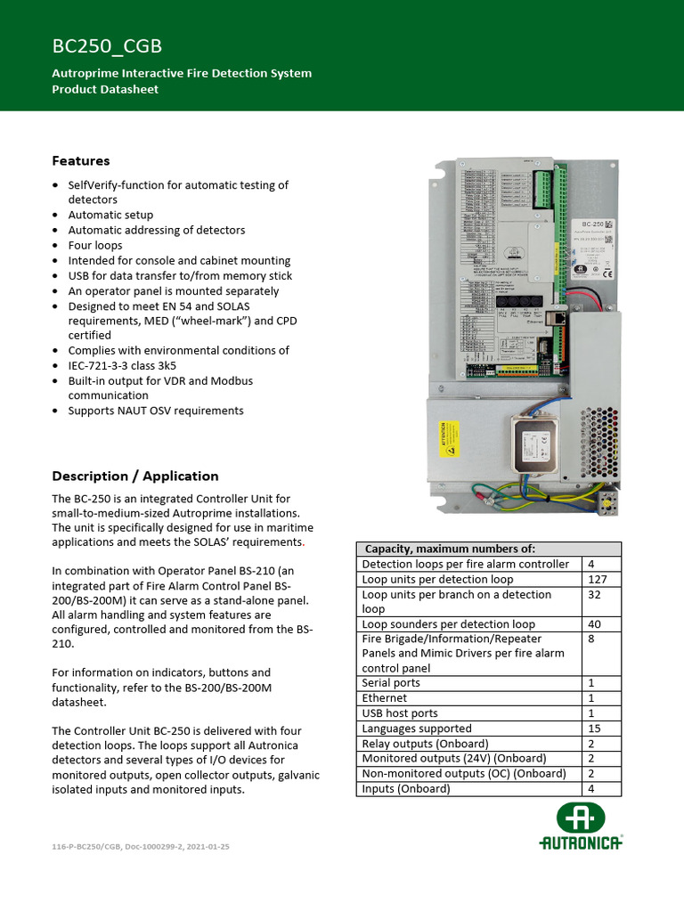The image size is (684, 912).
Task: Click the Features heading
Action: tap(81, 161)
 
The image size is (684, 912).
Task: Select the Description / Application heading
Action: tap(134, 476)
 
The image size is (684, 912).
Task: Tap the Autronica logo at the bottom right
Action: tap(581, 827)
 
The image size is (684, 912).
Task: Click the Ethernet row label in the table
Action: tap(385, 698)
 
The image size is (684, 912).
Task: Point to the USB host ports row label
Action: tap(400, 713)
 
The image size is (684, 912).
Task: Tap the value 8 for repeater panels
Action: tap(592, 639)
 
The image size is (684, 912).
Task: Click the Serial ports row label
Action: tap(391, 683)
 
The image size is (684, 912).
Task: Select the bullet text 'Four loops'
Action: tap(95, 245)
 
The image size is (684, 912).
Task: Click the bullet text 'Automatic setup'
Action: tap(110, 215)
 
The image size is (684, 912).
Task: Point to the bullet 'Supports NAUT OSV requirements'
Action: tap(156, 411)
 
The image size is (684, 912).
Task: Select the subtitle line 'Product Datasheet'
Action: tap(105, 89)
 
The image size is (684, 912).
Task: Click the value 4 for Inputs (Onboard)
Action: tap(592, 788)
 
